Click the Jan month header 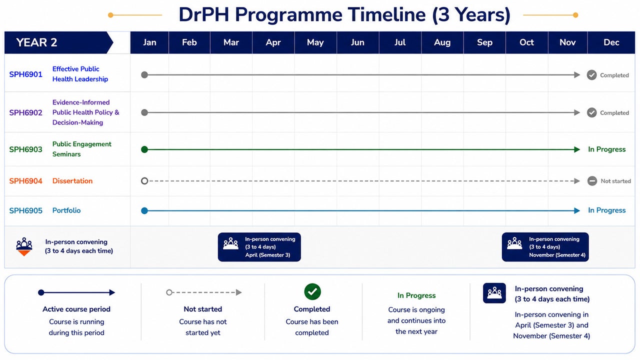pyautogui.click(x=149, y=42)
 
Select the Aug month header pyautogui.click(x=442, y=42)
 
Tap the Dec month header pyautogui.click(x=611, y=42)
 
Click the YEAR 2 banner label pyautogui.click(x=36, y=42)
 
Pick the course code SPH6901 pyautogui.click(x=25, y=74)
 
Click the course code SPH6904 pyautogui.click(x=25, y=181)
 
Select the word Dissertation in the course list pyautogui.click(x=72, y=181)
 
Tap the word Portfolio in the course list pyautogui.click(x=66, y=210)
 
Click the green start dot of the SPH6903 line pyautogui.click(x=144, y=149)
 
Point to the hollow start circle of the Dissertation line pyautogui.click(x=144, y=177)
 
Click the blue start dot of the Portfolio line pyautogui.click(x=144, y=211)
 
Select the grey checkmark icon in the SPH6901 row pyautogui.click(x=591, y=75)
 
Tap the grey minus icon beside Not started pyautogui.click(x=592, y=181)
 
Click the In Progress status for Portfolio pyautogui.click(x=607, y=210)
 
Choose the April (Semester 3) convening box pyautogui.click(x=259, y=247)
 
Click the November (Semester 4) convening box pyautogui.click(x=545, y=247)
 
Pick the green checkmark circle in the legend pyautogui.click(x=312, y=291)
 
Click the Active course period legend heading pyautogui.click(x=76, y=309)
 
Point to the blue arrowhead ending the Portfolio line pyautogui.click(x=577, y=211)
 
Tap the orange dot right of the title pyautogui.click(x=575, y=15)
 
